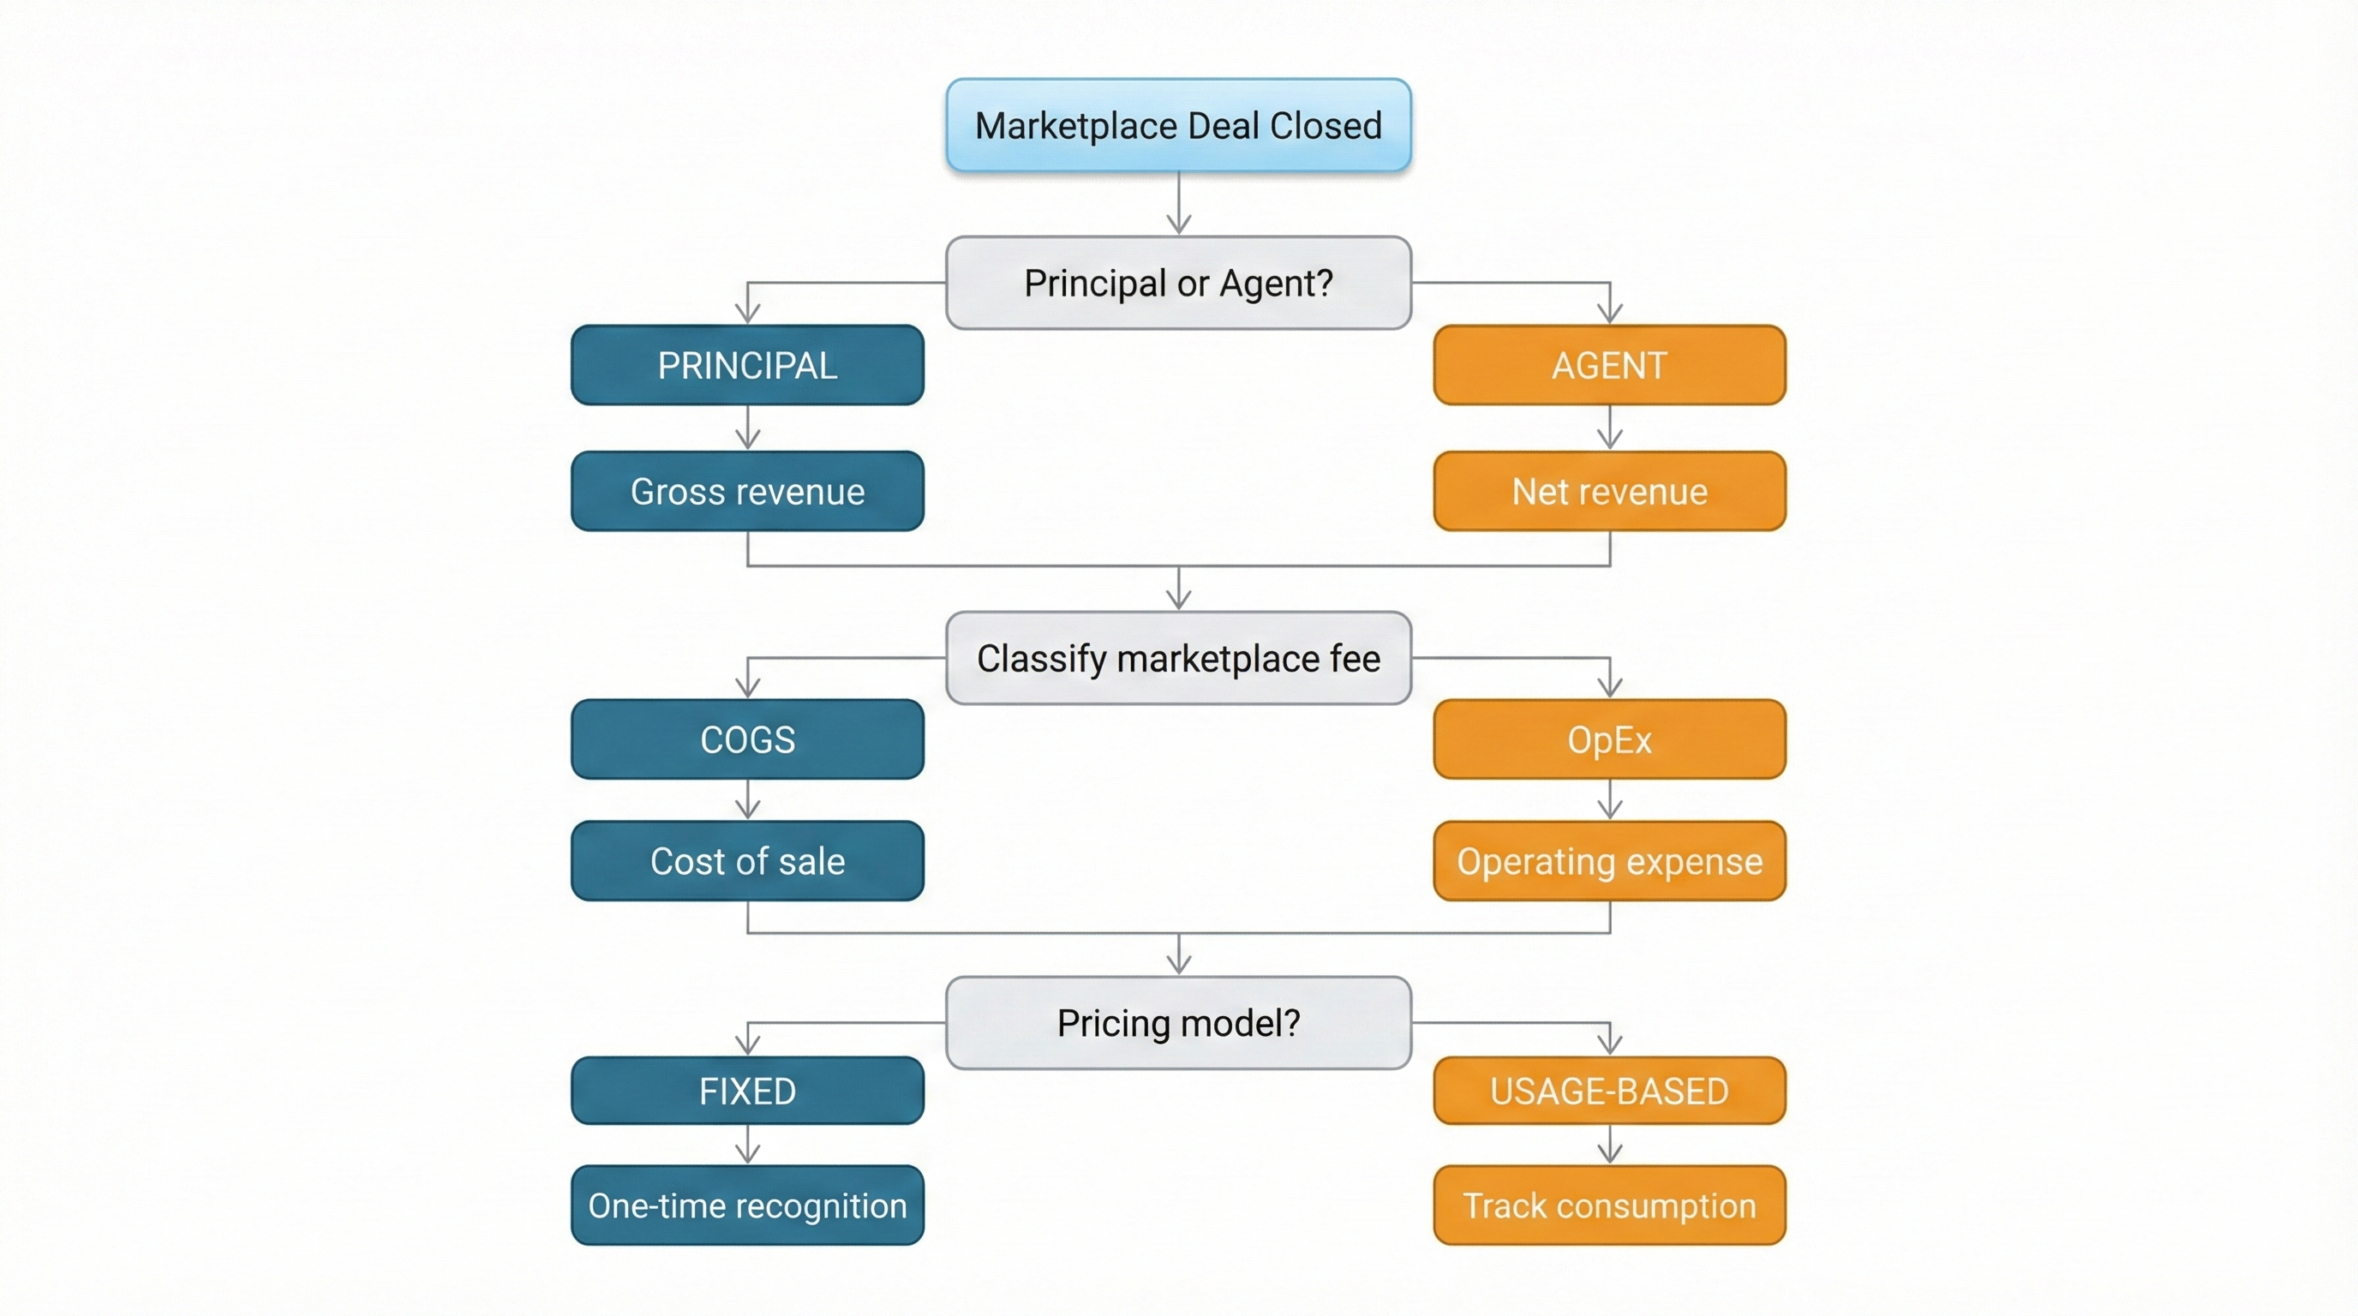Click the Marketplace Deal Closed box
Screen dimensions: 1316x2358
(x=1178, y=125)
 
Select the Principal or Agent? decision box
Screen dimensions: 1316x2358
(x=1178, y=283)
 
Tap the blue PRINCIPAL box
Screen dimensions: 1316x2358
(x=747, y=365)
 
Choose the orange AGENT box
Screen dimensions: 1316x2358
(x=1609, y=365)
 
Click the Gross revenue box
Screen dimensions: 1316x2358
(x=747, y=492)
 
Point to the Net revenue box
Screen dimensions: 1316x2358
(x=1609, y=492)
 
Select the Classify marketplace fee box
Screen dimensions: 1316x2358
(x=1178, y=658)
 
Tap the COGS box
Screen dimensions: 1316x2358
(x=747, y=739)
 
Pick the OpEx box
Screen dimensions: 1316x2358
(x=1609, y=739)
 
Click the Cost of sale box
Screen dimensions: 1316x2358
(x=747, y=861)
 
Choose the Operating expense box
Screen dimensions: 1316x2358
(x=1609, y=861)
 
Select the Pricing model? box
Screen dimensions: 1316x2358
(x=1178, y=1023)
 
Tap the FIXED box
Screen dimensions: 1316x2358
(x=747, y=1091)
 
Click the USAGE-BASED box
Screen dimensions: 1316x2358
(x=1609, y=1091)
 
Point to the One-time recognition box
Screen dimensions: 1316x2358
(x=747, y=1205)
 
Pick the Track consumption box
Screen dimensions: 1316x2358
(x=1609, y=1205)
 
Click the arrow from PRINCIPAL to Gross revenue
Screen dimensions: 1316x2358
(x=748, y=428)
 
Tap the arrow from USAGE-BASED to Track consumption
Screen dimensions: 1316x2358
(x=1610, y=1144)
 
